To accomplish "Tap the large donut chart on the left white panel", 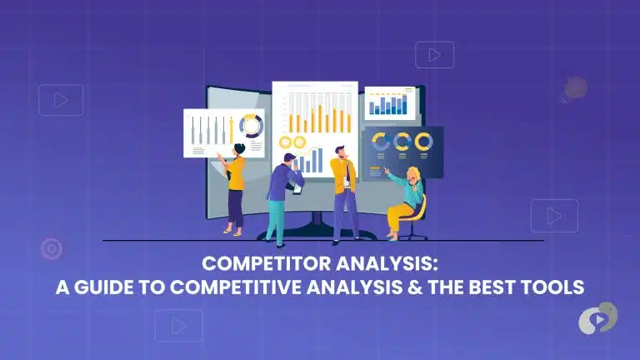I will (x=250, y=127).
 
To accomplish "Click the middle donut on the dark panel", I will (x=402, y=142).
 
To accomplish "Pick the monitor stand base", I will (x=321, y=234).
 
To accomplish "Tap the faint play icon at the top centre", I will (x=434, y=55).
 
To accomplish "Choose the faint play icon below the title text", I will (x=179, y=325).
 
